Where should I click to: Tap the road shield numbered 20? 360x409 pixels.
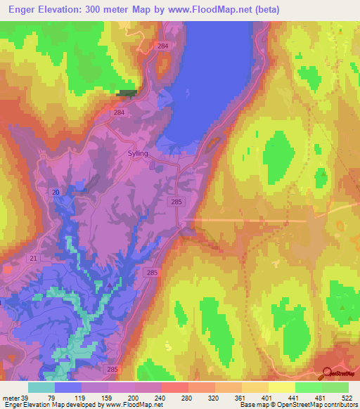click(55, 192)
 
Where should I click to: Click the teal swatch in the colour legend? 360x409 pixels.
click(41, 387)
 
